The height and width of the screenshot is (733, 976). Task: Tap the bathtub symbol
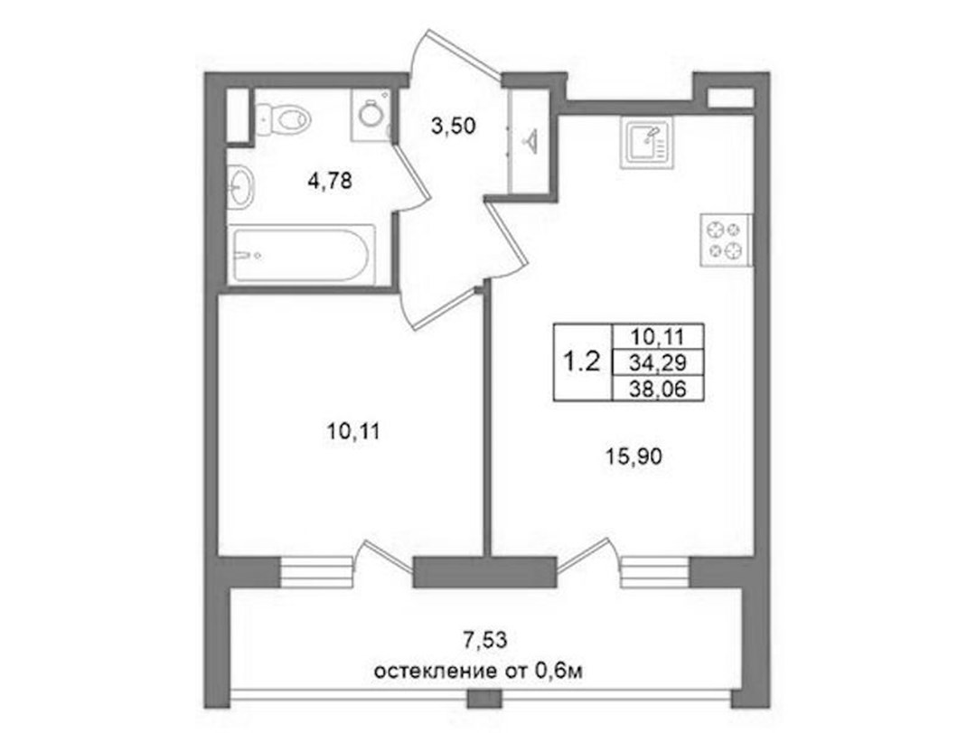(x=302, y=255)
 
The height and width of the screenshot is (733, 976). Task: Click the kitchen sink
(x=645, y=145)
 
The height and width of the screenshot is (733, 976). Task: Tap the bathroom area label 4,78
(x=330, y=182)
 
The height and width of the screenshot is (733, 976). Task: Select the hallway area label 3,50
(x=453, y=126)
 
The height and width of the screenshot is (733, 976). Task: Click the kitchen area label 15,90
(x=634, y=457)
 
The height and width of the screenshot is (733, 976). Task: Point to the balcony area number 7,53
(x=486, y=639)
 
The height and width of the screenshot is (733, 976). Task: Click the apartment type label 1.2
(x=581, y=361)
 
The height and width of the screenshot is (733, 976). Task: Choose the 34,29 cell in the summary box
(x=657, y=362)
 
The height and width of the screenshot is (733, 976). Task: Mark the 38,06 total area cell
(x=657, y=389)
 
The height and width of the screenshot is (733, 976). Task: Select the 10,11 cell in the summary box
(x=657, y=337)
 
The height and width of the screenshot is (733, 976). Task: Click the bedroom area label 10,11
(x=353, y=431)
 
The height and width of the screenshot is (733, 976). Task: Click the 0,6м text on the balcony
(x=558, y=671)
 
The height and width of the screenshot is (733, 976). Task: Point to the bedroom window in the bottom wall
(x=315, y=572)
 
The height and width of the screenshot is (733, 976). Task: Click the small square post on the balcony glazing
(x=484, y=699)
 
